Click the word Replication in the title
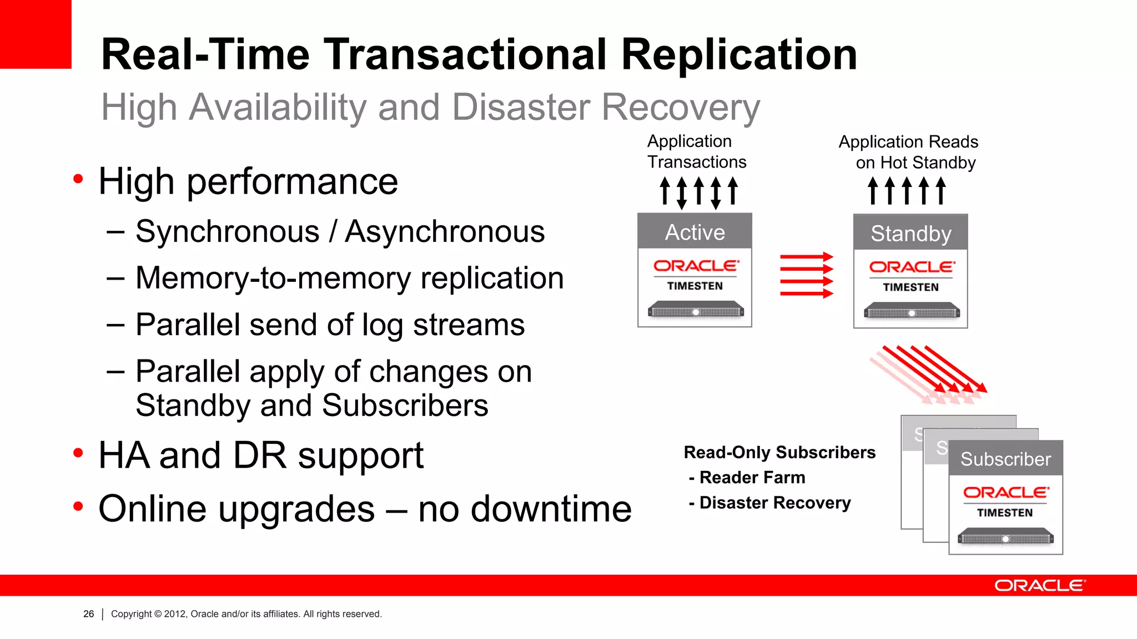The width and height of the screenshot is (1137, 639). point(739,54)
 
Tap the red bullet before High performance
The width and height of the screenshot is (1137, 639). point(78,179)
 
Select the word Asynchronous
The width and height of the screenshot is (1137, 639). point(444,231)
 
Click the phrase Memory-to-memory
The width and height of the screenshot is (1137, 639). point(274,278)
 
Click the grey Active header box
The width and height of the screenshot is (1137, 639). point(695,231)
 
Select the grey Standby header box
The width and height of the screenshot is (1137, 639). point(910,233)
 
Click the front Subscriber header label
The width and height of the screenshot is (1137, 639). point(1005,459)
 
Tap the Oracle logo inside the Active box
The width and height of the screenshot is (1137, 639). point(695,266)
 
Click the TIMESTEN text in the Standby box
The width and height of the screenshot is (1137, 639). point(910,287)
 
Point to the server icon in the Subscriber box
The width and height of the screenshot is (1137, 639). point(1005,537)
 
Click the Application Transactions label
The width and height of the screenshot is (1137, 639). point(696,151)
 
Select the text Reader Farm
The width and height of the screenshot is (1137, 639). point(752,477)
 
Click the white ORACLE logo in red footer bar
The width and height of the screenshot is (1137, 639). point(1039,586)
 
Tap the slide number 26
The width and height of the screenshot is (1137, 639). point(88,613)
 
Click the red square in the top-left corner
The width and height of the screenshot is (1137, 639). point(36,34)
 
